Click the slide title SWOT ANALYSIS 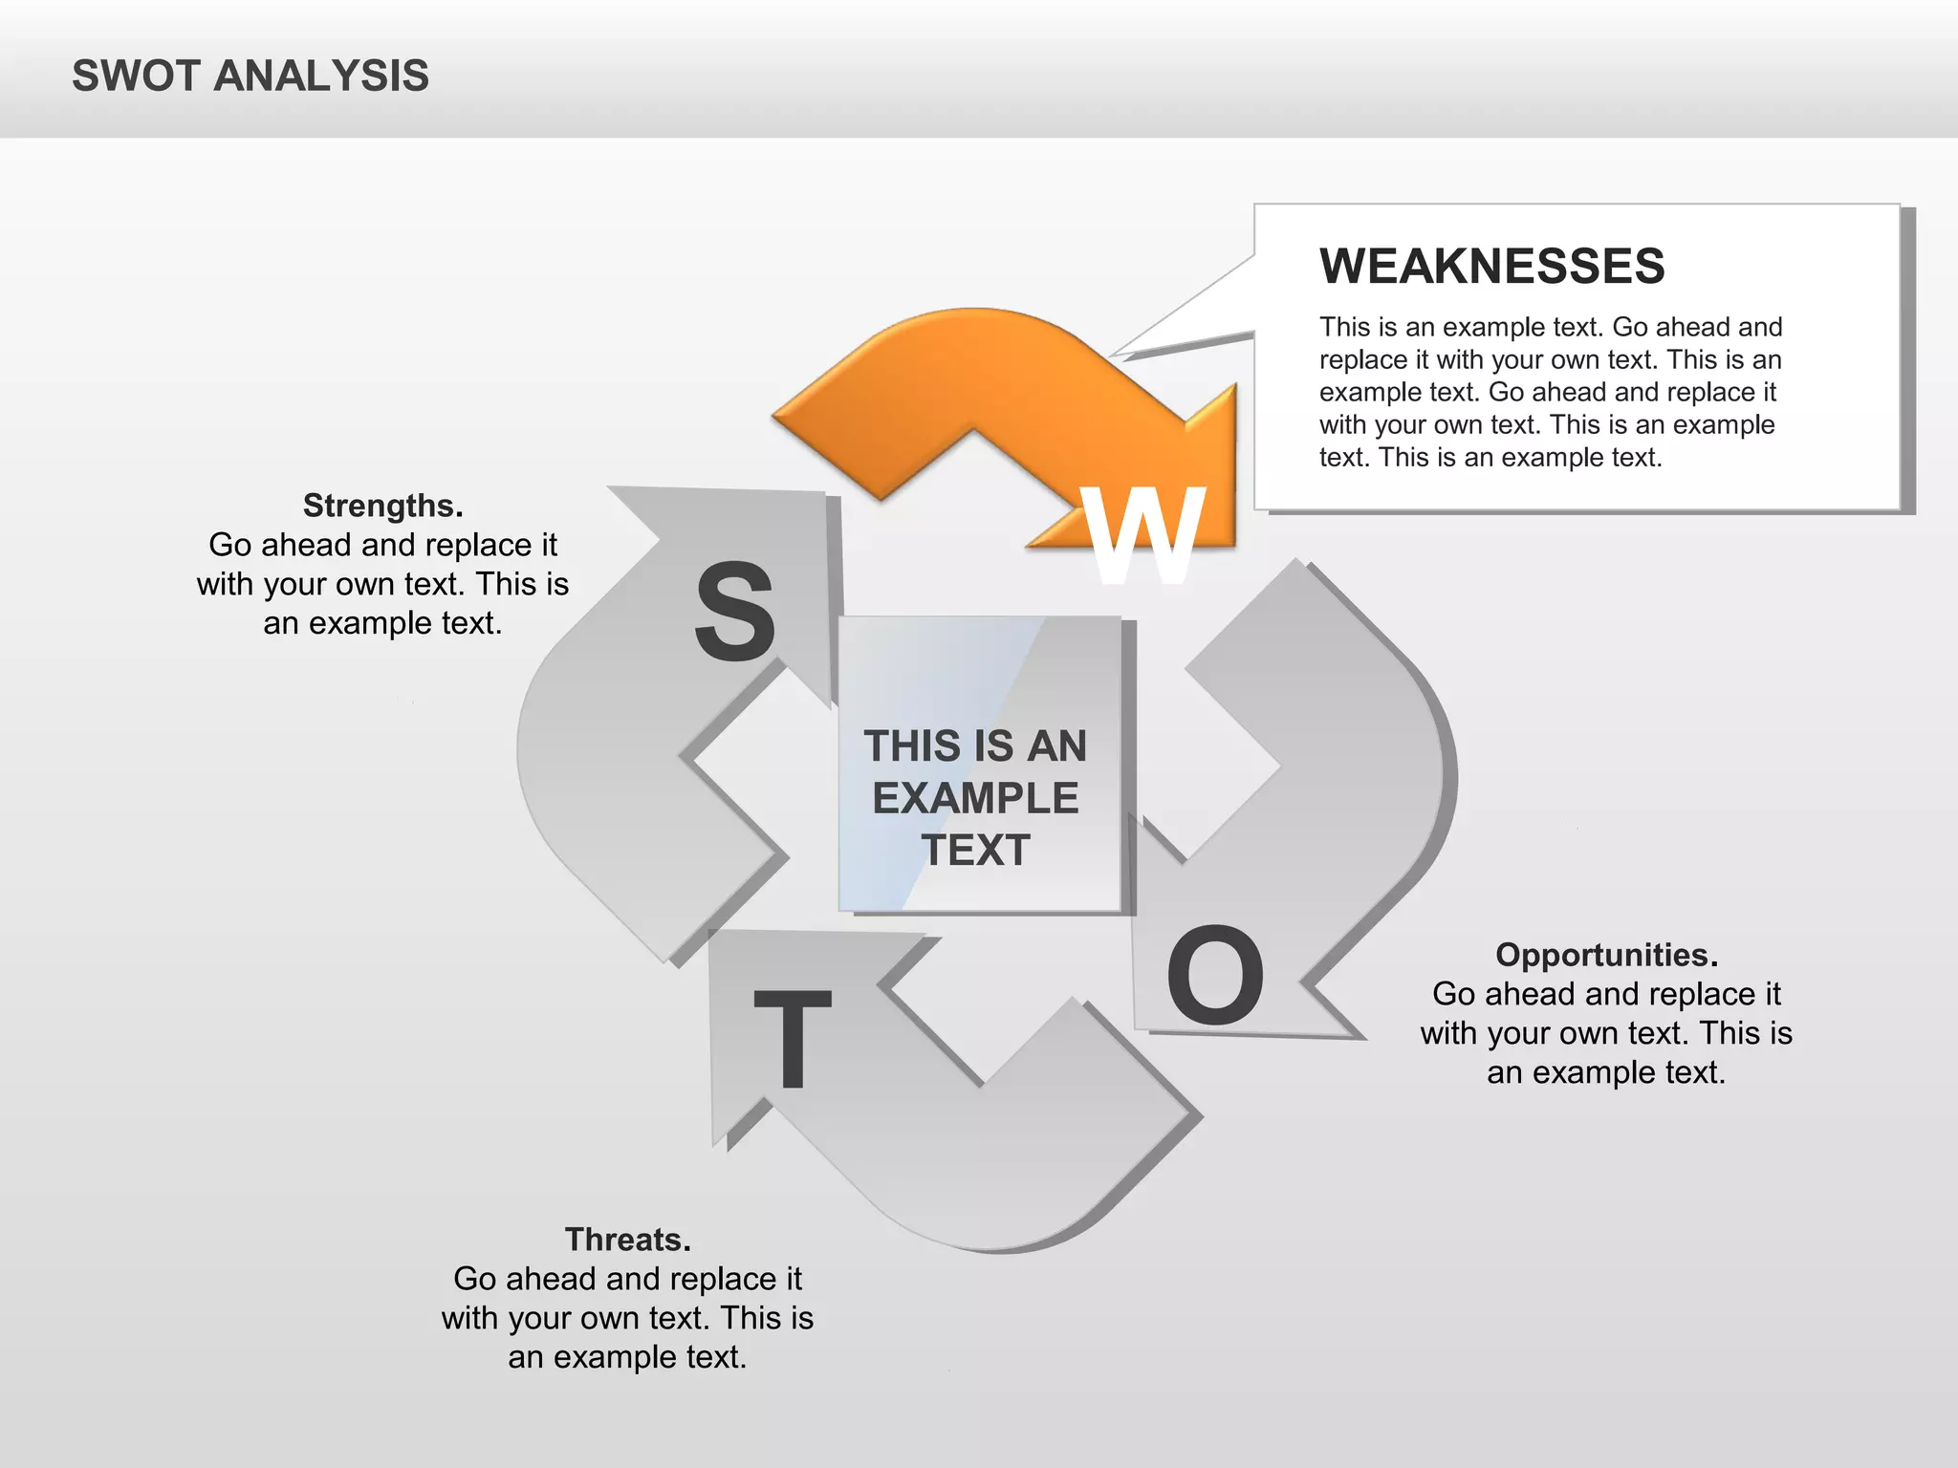click(250, 76)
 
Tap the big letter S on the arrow click(734, 612)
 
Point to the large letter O click(1215, 976)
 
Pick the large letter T click(793, 1038)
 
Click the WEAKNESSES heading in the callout click(1491, 266)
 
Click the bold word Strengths click(382, 505)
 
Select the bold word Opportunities click(1606, 955)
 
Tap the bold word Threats click(627, 1240)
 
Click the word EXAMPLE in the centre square click(975, 798)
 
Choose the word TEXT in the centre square click(975, 851)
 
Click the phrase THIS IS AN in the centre click(975, 746)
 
